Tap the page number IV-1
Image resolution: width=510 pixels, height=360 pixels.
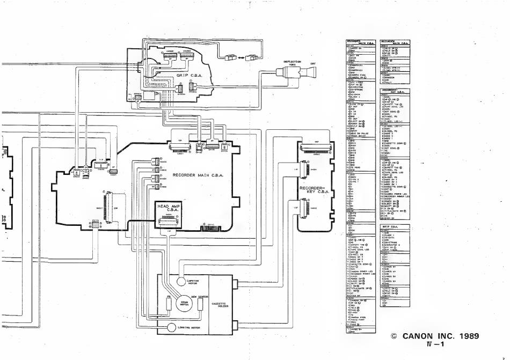point(434,346)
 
